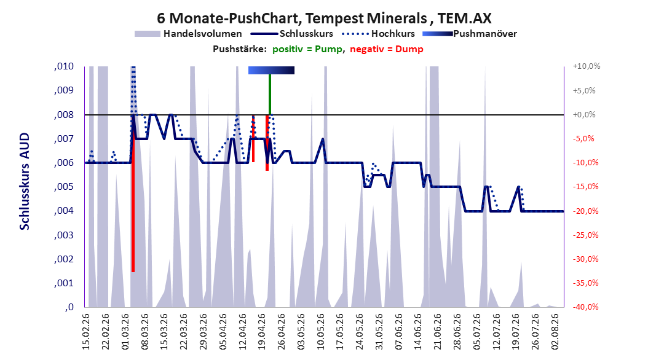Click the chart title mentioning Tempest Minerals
[x=324, y=18]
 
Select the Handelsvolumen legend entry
[x=189, y=34]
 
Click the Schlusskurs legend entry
[x=292, y=34]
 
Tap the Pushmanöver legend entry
[x=470, y=34]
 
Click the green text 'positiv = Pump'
[x=307, y=49]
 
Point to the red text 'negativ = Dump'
[x=387, y=49]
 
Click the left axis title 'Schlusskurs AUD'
[x=25, y=181]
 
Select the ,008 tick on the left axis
[x=64, y=115]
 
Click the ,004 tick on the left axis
[x=64, y=211]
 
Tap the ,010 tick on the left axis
[x=64, y=66]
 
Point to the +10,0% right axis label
[x=587, y=66]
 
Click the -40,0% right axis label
[x=585, y=307]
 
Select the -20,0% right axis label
[x=585, y=211]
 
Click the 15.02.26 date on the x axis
[x=86, y=332]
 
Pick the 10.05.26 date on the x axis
[x=321, y=332]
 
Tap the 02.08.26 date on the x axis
[x=555, y=332]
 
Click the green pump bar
[x=269, y=95]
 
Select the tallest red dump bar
[x=133, y=194]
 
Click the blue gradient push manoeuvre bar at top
[x=272, y=70]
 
